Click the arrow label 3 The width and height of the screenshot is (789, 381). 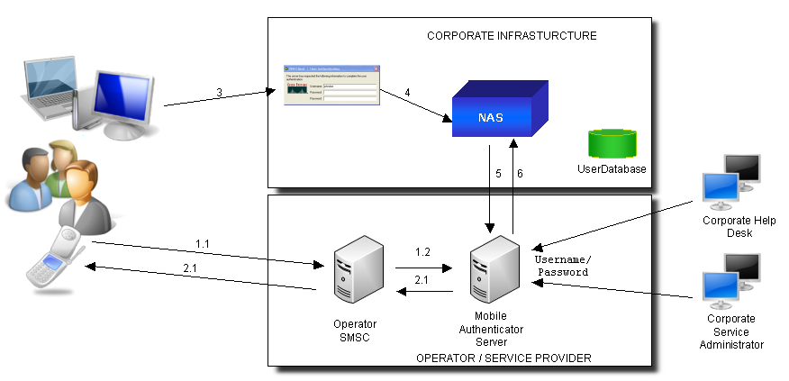click(x=219, y=92)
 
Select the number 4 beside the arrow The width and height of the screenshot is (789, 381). click(x=407, y=92)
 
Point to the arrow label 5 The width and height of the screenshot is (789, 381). click(x=498, y=174)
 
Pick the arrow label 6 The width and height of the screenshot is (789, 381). click(x=520, y=174)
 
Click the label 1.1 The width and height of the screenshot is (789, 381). click(x=204, y=244)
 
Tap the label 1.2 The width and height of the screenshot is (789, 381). click(x=422, y=253)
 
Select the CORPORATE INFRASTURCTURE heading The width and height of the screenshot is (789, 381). click(x=512, y=36)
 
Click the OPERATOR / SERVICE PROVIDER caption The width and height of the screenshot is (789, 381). click(x=503, y=358)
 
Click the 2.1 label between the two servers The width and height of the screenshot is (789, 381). click(x=422, y=281)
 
